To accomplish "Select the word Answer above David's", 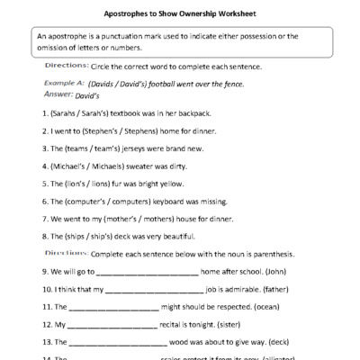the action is tap(58, 93).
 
